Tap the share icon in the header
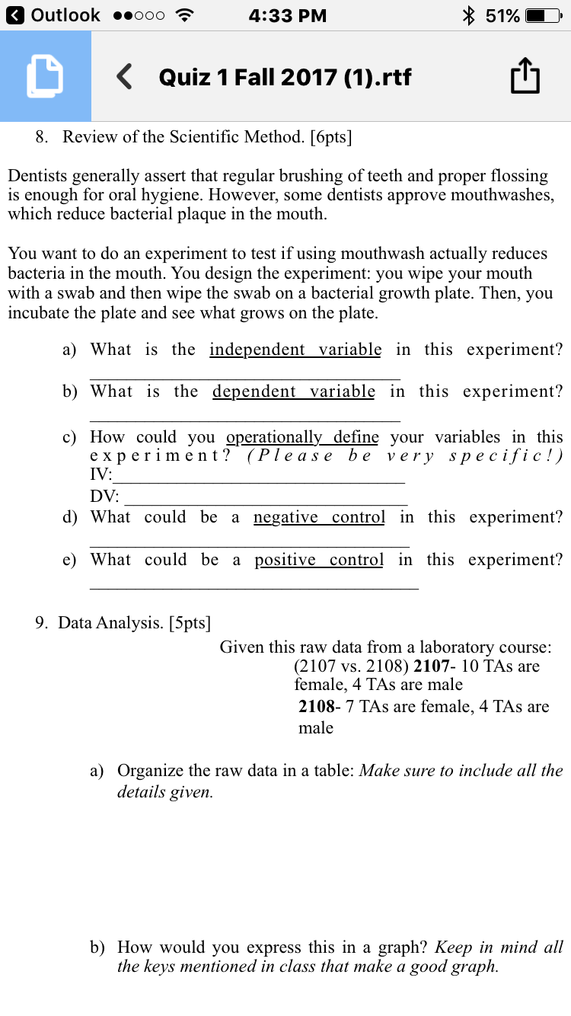coord(525,77)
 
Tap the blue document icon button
coord(45,76)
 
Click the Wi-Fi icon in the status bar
coord(183,15)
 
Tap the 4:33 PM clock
coord(287,15)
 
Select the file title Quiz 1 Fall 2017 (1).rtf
coord(285,77)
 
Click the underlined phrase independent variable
coord(295,350)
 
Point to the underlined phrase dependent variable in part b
coord(293,391)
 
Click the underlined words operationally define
coord(302,437)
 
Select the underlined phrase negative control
coord(319,517)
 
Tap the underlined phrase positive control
coord(319,560)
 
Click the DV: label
coord(104,497)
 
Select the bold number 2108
coord(317,707)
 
